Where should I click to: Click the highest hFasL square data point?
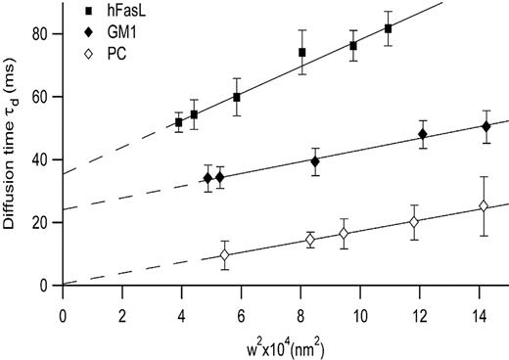[x=389, y=28]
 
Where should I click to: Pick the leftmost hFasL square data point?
[x=178, y=123]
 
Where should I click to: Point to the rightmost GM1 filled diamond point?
[x=486, y=126]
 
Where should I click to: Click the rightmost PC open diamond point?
[x=484, y=206]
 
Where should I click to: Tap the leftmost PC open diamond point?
[x=225, y=255]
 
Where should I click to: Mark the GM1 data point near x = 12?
[x=423, y=134]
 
